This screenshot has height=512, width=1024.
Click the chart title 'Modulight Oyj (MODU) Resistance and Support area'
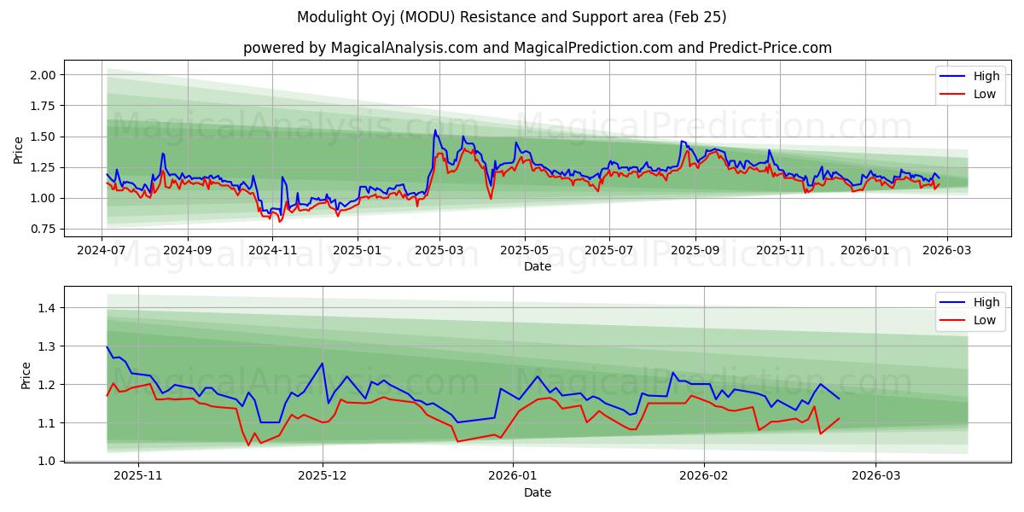(x=511, y=17)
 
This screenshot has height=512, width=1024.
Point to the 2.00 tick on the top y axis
(x=43, y=75)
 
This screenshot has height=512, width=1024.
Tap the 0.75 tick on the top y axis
(x=43, y=230)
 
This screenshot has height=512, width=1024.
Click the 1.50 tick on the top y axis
(x=43, y=137)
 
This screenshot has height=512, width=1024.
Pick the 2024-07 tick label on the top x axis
(x=102, y=250)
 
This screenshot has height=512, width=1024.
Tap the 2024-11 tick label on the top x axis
(x=272, y=250)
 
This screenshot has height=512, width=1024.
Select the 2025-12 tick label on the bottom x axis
(x=323, y=476)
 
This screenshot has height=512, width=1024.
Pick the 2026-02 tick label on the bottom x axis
(x=706, y=476)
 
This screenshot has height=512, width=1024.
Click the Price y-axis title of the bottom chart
(x=26, y=375)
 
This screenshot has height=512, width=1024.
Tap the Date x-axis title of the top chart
(x=538, y=266)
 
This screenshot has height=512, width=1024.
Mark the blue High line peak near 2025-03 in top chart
(x=435, y=131)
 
